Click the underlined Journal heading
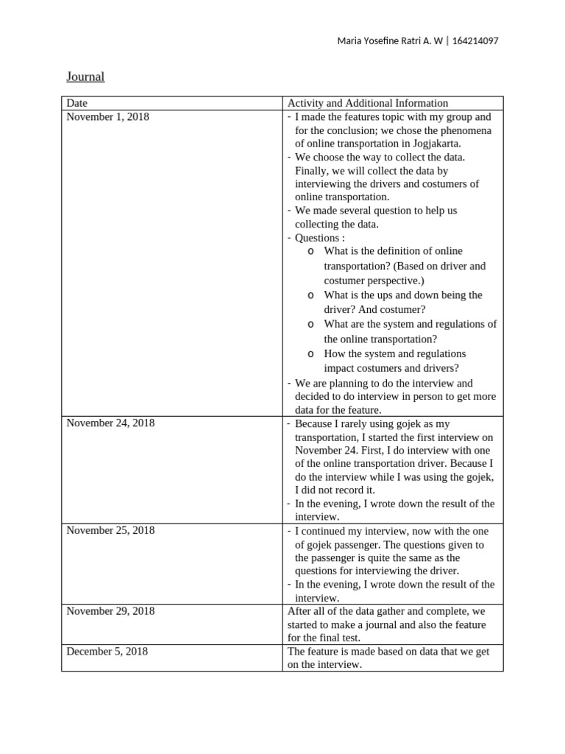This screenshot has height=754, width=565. (x=85, y=77)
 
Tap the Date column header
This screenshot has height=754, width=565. (x=77, y=103)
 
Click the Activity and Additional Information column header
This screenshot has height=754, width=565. (x=367, y=103)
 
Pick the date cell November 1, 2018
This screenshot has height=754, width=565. (x=107, y=116)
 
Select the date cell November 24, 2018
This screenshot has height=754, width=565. (x=110, y=423)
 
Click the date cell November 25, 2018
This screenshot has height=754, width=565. (x=110, y=530)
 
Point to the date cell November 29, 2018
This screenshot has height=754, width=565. (x=110, y=610)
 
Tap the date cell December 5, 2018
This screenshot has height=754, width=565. (x=107, y=651)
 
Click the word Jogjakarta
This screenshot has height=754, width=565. (x=433, y=144)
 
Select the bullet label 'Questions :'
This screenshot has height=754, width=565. (x=319, y=238)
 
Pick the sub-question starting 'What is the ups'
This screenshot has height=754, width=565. (x=402, y=295)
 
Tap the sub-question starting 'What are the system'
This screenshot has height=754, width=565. (x=410, y=324)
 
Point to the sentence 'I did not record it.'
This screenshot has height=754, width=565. (x=335, y=490)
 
